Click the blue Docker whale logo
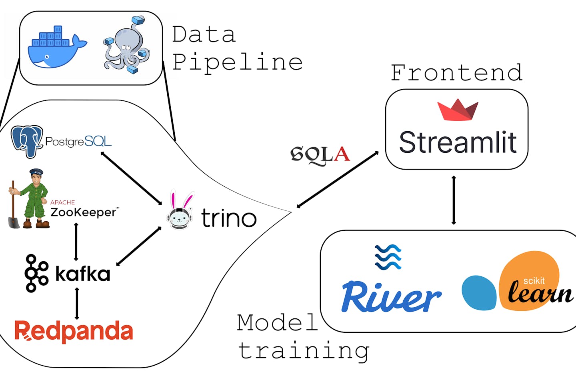pyautogui.click(x=56, y=48)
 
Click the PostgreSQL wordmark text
pyautogui.click(x=78, y=142)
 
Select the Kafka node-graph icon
pyautogui.click(x=36, y=273)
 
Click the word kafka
pyautogui.click(x=83, y=274)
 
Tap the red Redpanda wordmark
pyautogui.click(x=74, y=332)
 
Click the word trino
pyautogui.click(x=228, y=218)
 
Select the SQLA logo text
pyautogui.click(x=320, y=155)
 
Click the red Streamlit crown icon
pyautogui.click(x=458, y=110)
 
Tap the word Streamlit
pyautogui.click(x=458, y=142)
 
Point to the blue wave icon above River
pyautogui.click(x=388, y=257)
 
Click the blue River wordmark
pyautogui.click(x=391, y=297)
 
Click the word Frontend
pyautogui.click(x=456, y=73)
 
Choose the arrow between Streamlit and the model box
pyautogui.click(x=454, y=200)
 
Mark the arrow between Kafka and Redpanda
pyautogui.click(x=77, y=304)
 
